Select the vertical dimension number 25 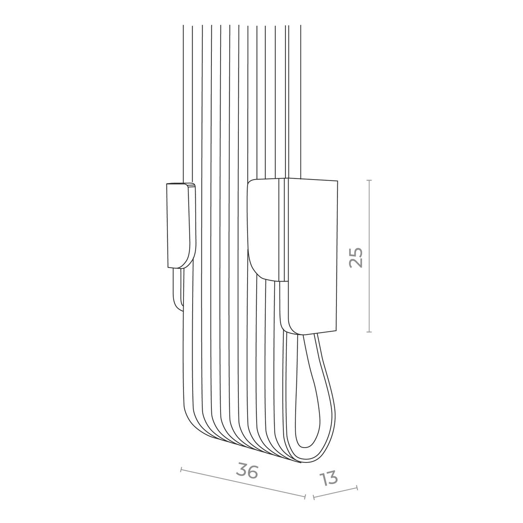[356, 258]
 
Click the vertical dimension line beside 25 [369, 256]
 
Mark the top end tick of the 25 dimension [369, 180]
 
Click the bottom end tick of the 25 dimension [369, 332]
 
